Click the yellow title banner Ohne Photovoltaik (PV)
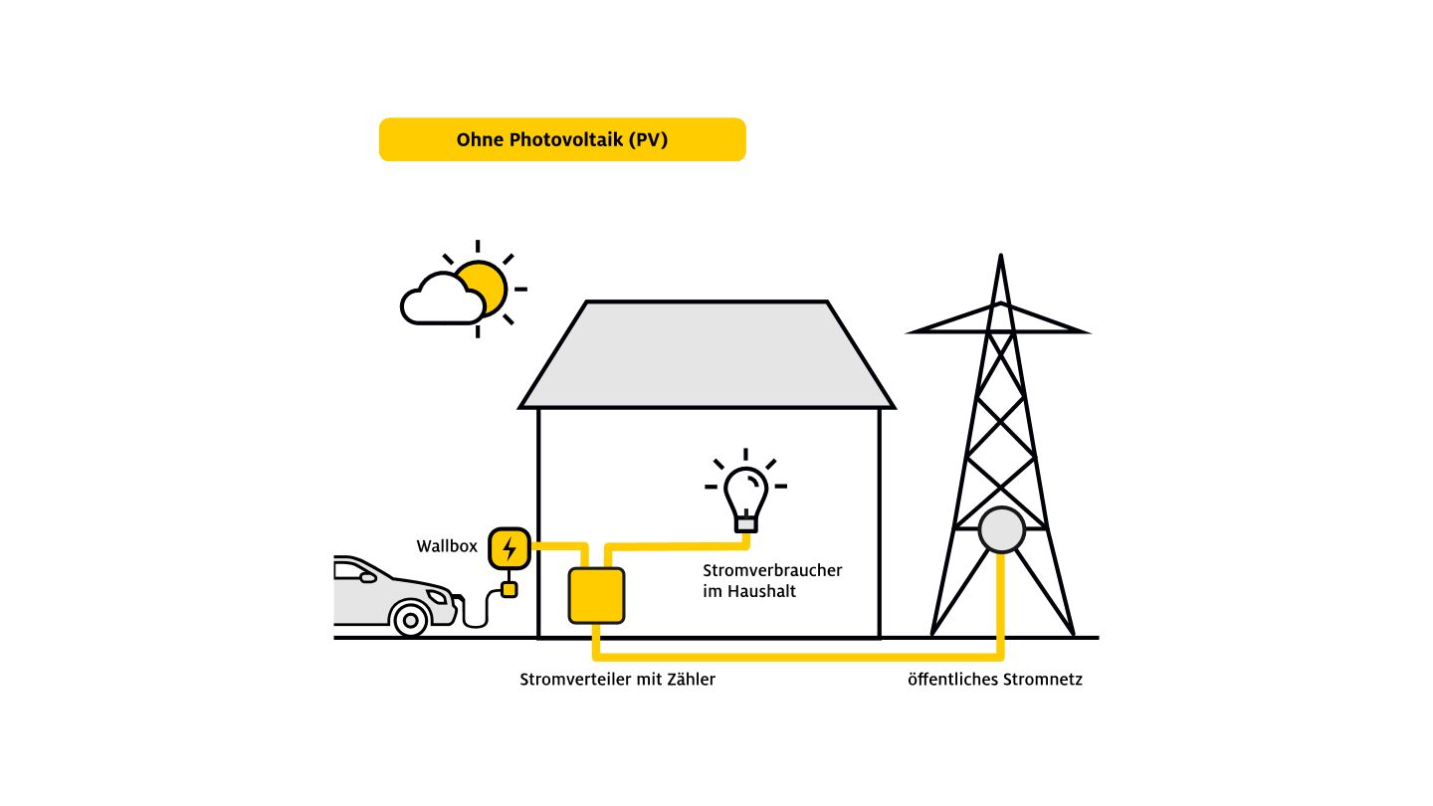point(562,139)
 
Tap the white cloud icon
point(440,301)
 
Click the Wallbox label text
point(447,546)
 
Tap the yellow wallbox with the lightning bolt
point(510,547)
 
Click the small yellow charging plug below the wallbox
point(510,590)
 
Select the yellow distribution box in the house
point(596,595)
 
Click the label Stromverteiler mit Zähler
point(617,681)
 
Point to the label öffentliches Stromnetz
point(994,681)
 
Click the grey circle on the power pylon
point(1000,530)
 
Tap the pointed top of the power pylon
point(1000,261)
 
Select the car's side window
point(351,571)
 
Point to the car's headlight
point(438,596)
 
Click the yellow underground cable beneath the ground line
point(796,657)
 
